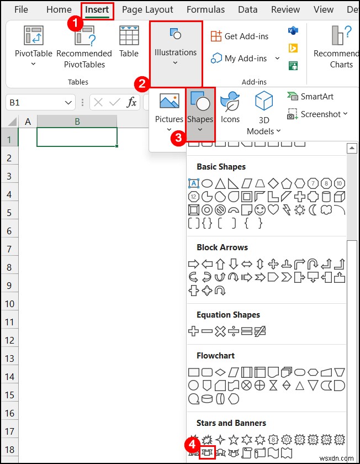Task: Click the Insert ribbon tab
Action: coord(97,10)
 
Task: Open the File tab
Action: coord(21,10)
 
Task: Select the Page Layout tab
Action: coord(147,10)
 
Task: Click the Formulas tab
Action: coord(205,10)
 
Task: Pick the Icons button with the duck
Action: coord(230,108)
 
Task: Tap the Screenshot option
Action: coord(317,114)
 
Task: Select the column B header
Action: coord(77,122)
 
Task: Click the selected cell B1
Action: coord(77,137)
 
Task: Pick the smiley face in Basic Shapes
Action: coord(260,210)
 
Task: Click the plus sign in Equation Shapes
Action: coord(193,331)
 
